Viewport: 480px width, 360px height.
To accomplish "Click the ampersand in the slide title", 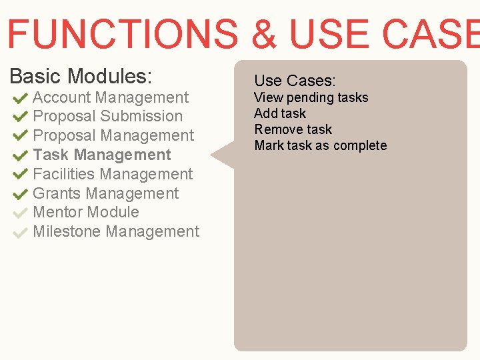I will tap(264, 33).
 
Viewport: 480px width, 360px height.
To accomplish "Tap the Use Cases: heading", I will tap(295, 81).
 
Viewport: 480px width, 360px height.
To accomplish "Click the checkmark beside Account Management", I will tap(20, 98).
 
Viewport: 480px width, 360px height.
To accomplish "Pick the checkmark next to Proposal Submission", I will tap(20, 117).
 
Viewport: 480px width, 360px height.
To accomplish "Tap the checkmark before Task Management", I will tap(20, 155).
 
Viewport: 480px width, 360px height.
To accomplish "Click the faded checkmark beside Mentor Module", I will tap(20, 213).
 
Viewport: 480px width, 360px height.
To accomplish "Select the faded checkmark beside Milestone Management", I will tap(20, 233).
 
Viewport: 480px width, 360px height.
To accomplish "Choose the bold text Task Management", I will tap(102, 155).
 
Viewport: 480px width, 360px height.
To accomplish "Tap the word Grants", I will tap(57, 193).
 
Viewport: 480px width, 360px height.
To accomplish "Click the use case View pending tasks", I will tap(311, 97).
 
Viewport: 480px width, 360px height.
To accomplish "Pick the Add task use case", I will tap(280, 113).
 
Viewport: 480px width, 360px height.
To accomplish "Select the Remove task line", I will tap(293, 129).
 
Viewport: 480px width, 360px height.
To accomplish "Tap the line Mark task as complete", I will tap(320, 145).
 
